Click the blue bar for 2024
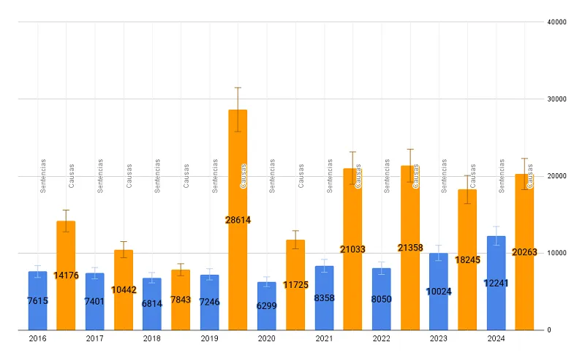[496, 307]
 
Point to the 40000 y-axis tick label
[557, 22]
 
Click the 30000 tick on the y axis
[557, 99]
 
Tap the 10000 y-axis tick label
[557, 253]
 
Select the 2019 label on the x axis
[210, 339]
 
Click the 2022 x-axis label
[381, 339]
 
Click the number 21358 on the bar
[410, 248]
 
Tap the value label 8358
[324, 298]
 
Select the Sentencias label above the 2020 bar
[272, 175]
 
